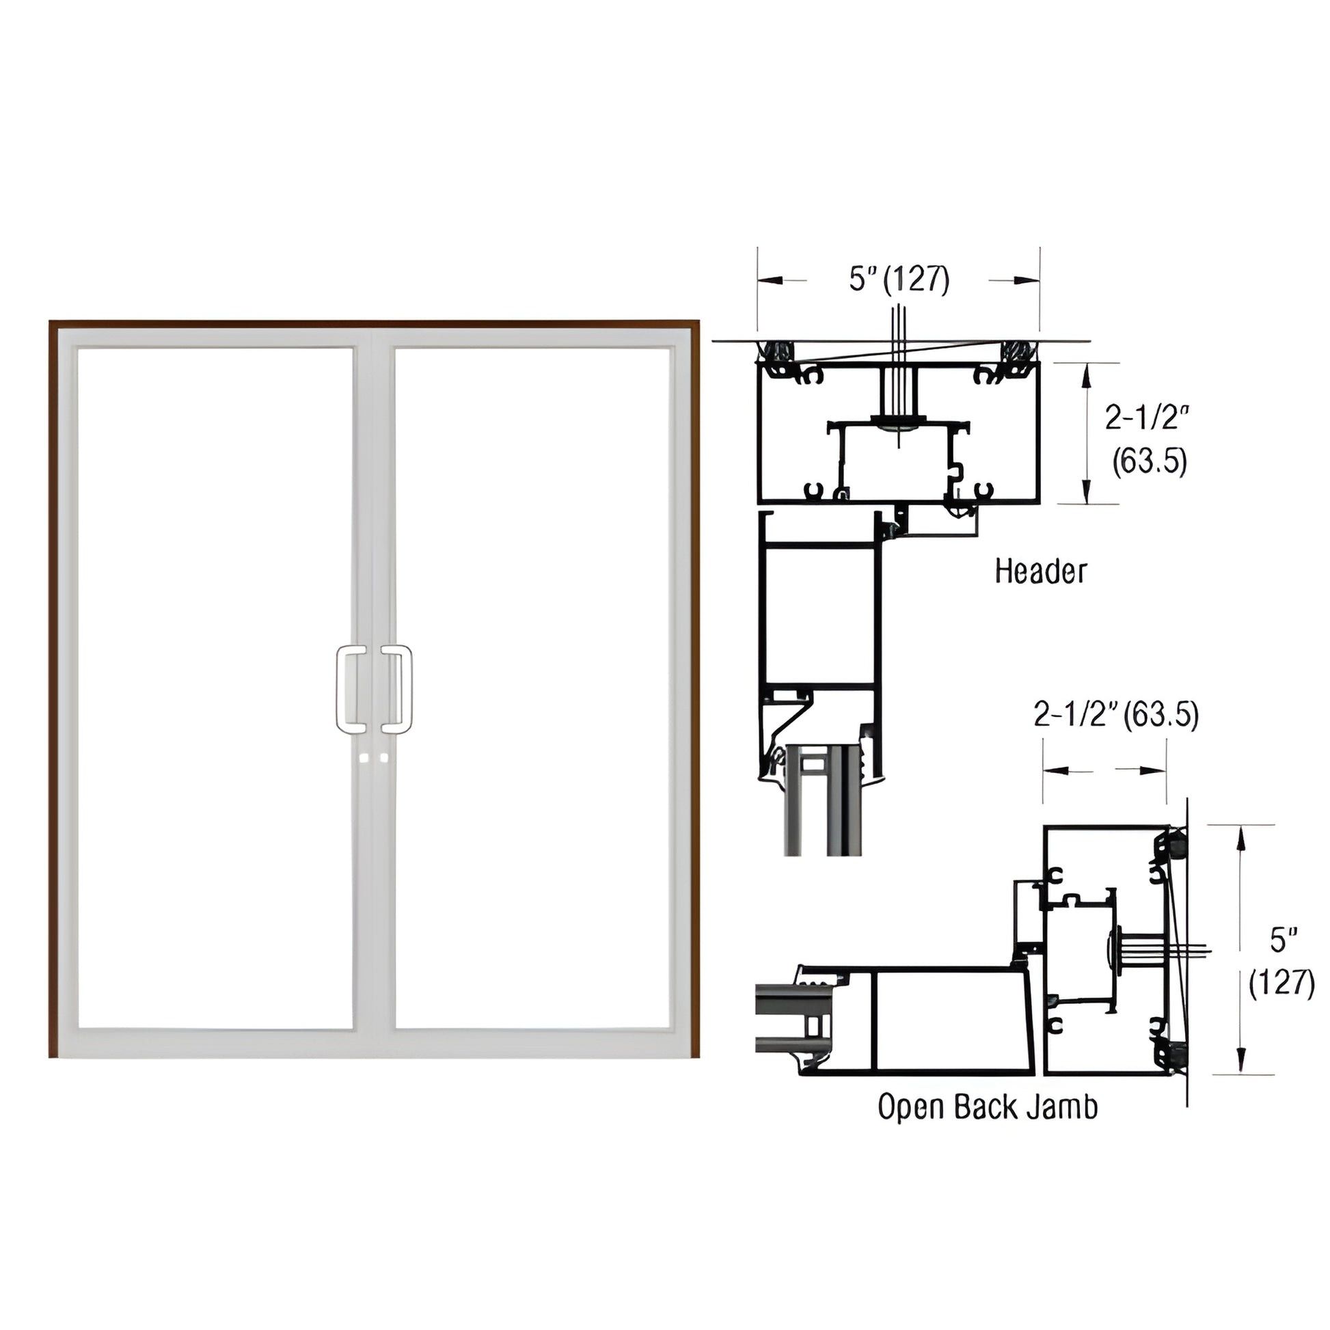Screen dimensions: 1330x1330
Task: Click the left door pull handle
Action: (351, 689)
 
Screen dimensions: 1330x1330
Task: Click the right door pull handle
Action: (398, 689)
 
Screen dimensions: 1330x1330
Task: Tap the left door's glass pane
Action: (215, 688)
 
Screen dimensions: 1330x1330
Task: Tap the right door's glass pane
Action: (532, 688)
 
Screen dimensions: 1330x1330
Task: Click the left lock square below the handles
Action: (365, 758)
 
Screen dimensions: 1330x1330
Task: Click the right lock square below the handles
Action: (383, 758)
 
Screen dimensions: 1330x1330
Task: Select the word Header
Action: (1040, 571)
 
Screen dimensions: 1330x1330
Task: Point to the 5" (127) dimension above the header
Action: (899, 280)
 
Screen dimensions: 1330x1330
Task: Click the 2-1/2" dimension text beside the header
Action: (1147, 418)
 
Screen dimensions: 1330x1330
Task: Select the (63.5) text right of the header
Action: (1150, 461)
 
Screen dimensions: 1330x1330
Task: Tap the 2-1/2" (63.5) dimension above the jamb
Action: (1116, 716)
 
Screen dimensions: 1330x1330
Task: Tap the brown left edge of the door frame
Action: (53, 688)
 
